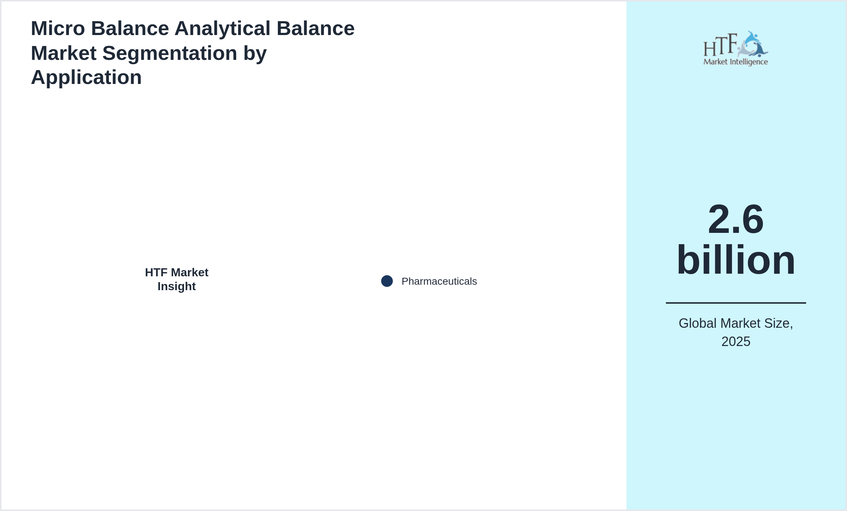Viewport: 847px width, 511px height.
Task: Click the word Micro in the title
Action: [58, 28]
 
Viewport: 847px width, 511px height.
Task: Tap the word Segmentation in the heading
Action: [170, 54]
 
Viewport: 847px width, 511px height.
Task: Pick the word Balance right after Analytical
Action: [315, 28]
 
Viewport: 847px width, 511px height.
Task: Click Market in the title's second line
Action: [64, 53]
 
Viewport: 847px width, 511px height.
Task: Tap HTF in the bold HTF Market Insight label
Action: [156, 272]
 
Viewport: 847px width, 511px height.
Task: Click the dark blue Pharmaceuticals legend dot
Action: [387, 281]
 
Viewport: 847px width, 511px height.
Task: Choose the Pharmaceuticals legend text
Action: [439, 281]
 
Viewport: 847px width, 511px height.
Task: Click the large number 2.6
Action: [736, 219]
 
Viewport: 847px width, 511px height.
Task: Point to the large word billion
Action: [736, 260]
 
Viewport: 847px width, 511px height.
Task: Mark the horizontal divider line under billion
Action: [736, 303]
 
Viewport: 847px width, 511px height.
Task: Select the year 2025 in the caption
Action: [736, 342]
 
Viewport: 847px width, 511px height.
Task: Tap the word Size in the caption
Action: [778, 324]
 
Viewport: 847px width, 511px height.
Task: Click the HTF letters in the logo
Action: [720, 45]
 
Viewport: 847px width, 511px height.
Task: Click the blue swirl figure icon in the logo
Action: [753, 44]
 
